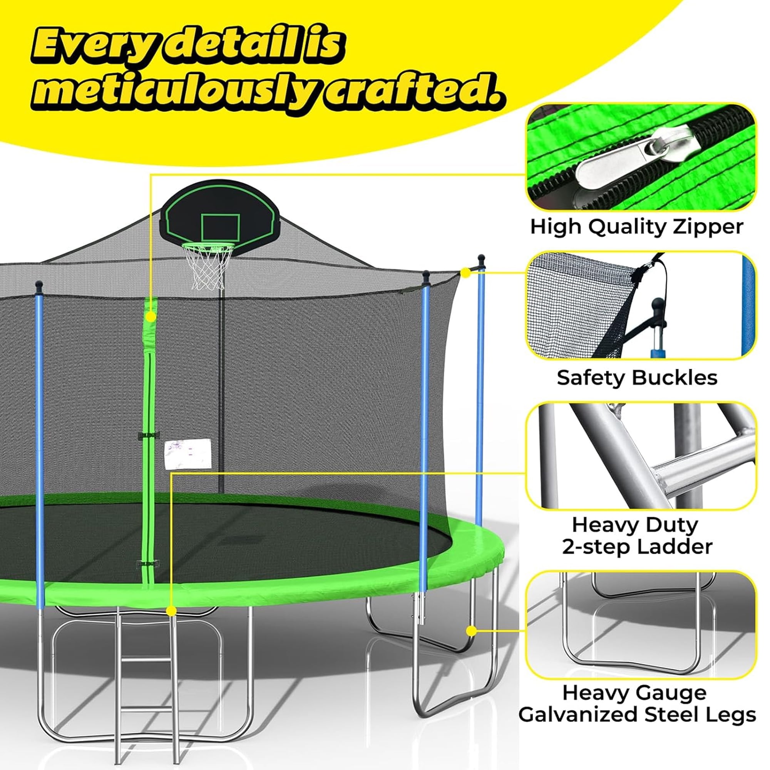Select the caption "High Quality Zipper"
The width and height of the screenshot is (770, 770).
[636, 227]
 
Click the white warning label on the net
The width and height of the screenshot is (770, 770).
[187, 454]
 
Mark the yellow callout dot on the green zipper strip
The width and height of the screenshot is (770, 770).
[151, 317]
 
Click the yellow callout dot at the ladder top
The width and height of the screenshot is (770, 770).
[171, 623]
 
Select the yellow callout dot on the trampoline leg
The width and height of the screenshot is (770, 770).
[471, 642]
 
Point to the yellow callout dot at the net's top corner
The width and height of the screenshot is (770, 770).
[465, 273]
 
